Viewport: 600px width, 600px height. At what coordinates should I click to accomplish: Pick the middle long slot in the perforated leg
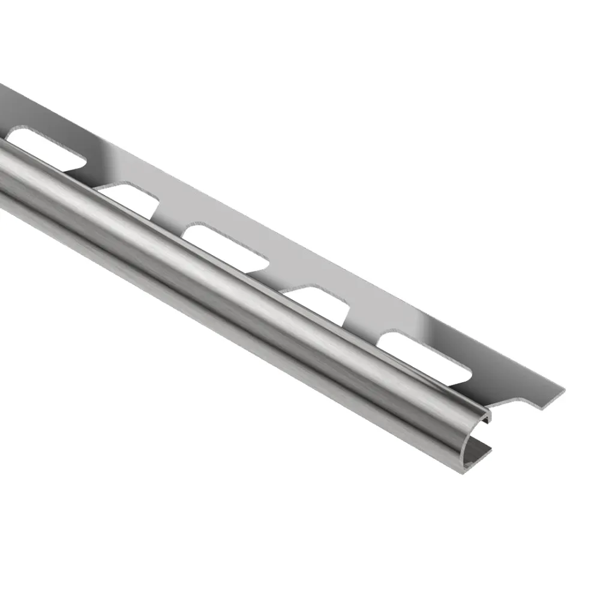225,244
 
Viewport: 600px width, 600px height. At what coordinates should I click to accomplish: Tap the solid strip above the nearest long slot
456,336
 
